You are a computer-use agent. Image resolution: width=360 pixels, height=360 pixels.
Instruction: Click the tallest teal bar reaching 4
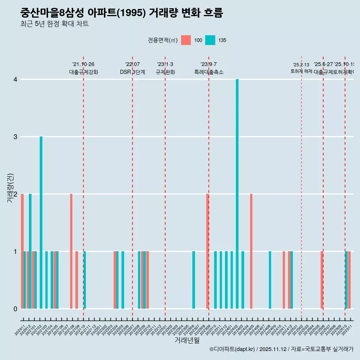[x=237, y=194]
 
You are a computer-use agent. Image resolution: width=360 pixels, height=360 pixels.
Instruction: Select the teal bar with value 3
[x=41, y=222]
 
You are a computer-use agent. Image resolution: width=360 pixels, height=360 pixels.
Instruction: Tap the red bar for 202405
[x=251, y=251]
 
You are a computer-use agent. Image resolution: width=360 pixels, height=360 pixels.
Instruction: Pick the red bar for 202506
[x=322, y=280]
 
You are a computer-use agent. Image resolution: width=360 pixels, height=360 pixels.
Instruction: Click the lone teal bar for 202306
[x=193, y=280]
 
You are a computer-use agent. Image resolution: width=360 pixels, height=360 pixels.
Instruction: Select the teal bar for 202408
[x=270, y=280]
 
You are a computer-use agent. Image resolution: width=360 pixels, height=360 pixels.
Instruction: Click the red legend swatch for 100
[x=186, y=40]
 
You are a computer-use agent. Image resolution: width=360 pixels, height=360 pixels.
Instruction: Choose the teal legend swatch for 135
[x=210, y=40]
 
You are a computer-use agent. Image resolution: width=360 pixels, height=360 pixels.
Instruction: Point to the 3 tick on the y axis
[x=15, y=136]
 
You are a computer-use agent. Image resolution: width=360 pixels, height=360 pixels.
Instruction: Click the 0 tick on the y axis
[x=15, y=309]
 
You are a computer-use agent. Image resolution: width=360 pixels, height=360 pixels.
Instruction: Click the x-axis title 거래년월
[x=187, y=340]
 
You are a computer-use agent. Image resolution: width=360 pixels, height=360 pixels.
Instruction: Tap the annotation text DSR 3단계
[x=132, y=72]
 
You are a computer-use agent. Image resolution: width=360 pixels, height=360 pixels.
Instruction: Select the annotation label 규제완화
[x=165, y=72]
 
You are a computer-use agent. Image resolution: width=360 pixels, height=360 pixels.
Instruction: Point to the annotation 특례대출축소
[x=208, y=72]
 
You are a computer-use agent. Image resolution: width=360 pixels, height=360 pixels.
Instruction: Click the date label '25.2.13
[x=301, y=65]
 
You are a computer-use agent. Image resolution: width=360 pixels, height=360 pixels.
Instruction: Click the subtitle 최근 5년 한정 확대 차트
[x=54, y=24]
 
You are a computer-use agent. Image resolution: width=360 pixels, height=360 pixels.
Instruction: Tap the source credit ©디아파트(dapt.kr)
[x=232, y=349]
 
